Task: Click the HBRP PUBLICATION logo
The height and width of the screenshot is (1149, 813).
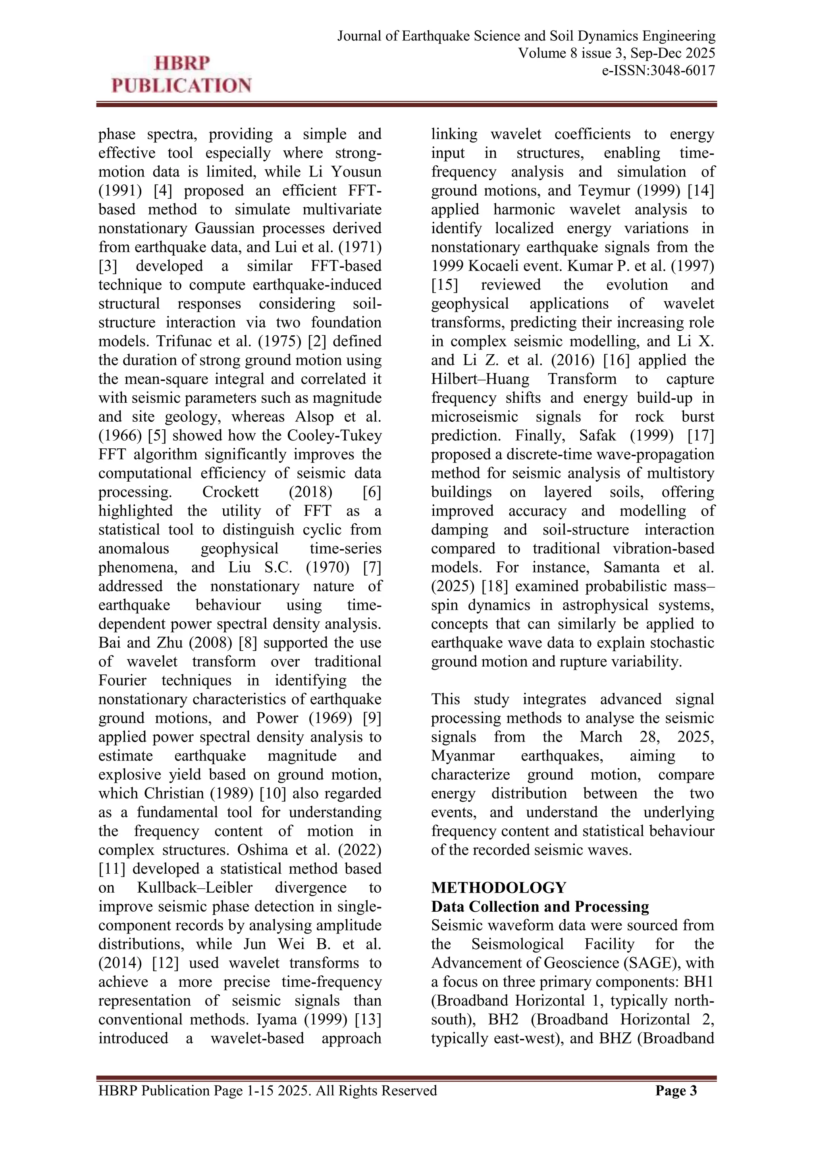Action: [181, 75]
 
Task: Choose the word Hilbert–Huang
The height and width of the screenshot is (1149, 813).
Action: [480, 379]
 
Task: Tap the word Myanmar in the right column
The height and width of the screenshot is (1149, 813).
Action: [462, 756]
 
